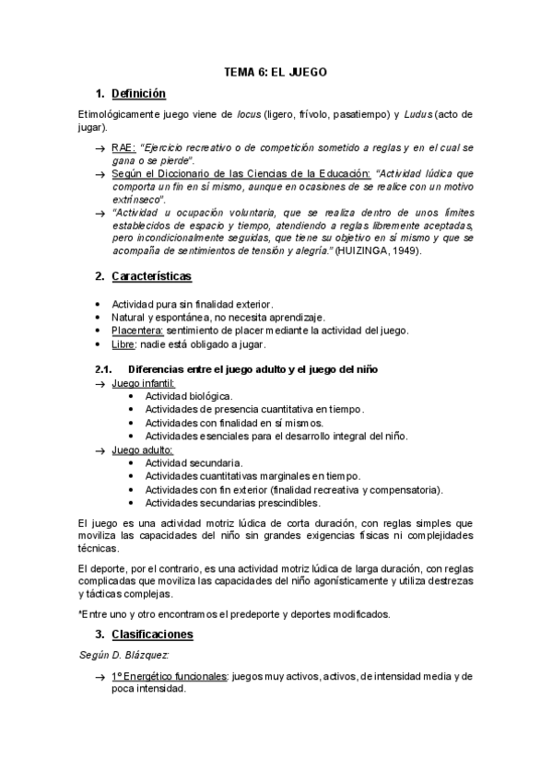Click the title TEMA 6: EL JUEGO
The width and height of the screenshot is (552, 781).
[x=276, y=71]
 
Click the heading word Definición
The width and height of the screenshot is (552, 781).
[x=138, y=93]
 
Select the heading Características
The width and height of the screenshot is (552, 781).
[x=151, y=275]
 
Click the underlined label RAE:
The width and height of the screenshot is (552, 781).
[x=123, y=147]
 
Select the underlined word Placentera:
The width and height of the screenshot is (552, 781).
[x=138, y=331]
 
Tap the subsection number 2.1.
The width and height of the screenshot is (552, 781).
[x=103, y=369]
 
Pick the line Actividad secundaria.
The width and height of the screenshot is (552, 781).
[x=187, y=462]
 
